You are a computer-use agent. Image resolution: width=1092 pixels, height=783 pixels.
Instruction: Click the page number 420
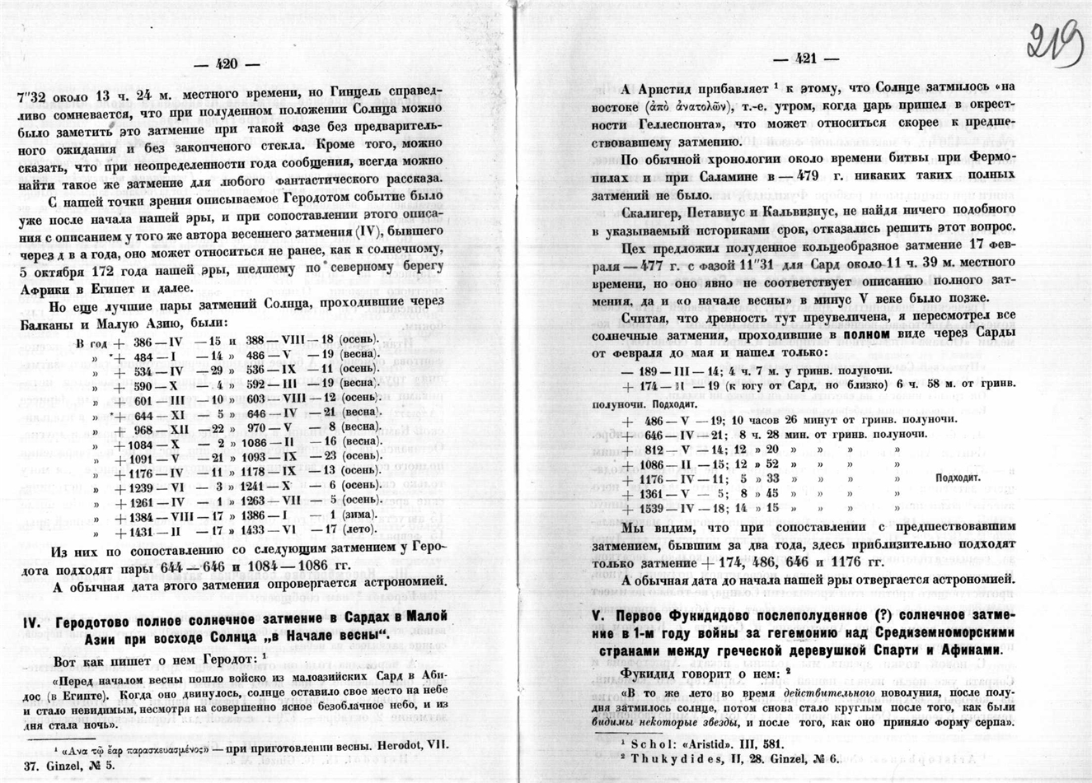[x=225, y=65]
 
